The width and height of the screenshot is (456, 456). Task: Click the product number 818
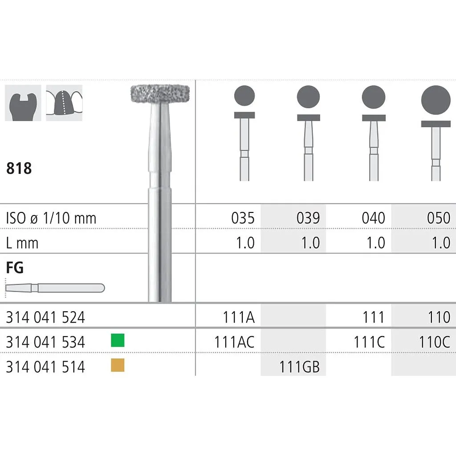pos(19,168)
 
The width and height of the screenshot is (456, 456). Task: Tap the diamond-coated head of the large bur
pos(160,94)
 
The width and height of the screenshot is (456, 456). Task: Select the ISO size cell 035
pos(243,218)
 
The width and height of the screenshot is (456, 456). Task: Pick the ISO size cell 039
pos(308,218)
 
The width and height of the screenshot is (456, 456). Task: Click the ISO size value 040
pos(374,218)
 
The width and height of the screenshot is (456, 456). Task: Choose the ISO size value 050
pos(439,218)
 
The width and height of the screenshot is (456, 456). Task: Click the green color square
pos(118,340)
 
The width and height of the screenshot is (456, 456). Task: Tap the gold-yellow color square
pos(118,365)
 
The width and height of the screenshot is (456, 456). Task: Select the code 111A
pos(239,317)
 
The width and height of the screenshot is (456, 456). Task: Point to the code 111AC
pos(234,342)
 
